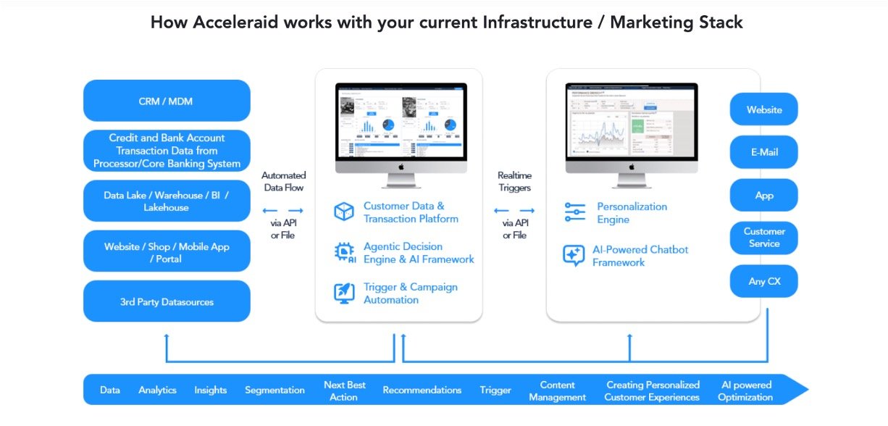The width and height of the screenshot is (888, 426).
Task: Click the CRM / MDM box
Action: (x=167, y=101)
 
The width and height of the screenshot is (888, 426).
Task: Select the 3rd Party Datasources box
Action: (x=167, y=301)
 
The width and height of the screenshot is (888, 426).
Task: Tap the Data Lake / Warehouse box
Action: (x=167, y=201)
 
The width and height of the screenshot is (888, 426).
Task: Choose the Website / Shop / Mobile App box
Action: (x=167, y=251)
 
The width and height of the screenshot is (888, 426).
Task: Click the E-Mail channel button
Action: (x=764, y=153)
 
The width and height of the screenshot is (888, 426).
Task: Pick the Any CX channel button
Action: (x=764, y=281)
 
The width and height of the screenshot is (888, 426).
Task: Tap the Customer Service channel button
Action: (x=764, y=238)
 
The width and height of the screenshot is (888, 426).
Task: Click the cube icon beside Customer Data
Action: (x=343, y=212)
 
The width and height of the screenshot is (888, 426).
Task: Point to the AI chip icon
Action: (x=344, y=252)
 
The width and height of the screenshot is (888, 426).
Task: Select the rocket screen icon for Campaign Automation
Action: (x=343, y=293)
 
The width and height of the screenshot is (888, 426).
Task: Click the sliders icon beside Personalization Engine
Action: (x=574, y=213)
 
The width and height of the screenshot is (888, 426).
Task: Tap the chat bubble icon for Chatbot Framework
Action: (x=574, y=256)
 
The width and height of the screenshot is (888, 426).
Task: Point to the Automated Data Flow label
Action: (x=283, y=181)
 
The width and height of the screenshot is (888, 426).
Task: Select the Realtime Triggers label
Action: (x=514, y=181)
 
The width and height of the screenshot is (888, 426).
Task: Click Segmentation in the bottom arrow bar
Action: (x=275, y=390)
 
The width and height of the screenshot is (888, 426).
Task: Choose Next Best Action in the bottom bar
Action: (x=345, y=390)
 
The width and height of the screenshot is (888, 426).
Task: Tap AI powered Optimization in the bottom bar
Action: (x=746, y=390)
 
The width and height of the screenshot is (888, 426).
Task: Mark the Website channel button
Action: (x=764, y=109)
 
